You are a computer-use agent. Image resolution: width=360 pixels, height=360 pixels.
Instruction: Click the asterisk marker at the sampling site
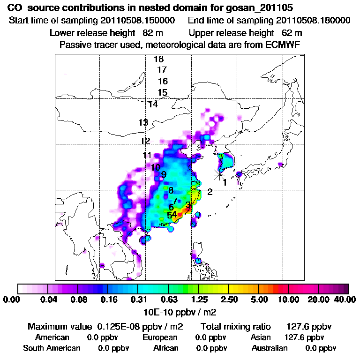point(219,174)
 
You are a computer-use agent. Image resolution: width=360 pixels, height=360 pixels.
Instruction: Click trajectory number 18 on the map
point(158,59)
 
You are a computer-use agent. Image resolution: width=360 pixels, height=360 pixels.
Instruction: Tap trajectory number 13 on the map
point(143,123)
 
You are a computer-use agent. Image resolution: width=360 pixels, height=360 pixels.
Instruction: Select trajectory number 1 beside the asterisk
point(225,182)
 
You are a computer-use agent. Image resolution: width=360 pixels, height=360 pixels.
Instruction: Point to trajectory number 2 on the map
point(210,191)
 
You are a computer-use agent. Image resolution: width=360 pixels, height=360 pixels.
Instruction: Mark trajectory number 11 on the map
point(147,155)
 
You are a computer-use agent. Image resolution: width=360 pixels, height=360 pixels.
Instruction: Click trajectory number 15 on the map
point(162,92)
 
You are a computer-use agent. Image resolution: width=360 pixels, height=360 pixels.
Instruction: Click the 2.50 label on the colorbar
point(228,300)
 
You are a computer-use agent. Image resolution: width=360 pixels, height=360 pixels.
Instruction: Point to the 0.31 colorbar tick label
point(138,300)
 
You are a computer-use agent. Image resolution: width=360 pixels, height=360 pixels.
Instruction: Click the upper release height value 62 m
point(292,33)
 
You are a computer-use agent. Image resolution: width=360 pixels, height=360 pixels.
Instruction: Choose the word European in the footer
point(160,337)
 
